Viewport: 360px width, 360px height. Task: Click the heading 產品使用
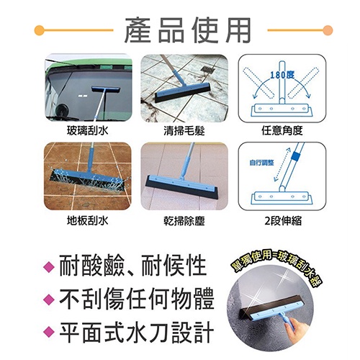(x=187, y=30)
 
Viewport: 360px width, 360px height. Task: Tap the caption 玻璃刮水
(x=87, y=131)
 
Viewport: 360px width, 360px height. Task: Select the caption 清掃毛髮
(x=184, y=131)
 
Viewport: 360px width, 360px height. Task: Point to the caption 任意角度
(x=282, y=131)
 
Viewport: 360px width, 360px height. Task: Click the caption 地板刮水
(x=87, y=220)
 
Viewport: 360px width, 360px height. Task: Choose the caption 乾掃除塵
(x=184, y=220)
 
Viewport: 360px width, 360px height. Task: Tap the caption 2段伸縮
(x=283, y=220)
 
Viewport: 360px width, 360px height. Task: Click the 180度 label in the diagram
(x=282, y=75)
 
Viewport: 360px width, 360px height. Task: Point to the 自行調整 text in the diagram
(x=261, y=163)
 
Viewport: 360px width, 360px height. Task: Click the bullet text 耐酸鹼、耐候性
(x=132, y=266)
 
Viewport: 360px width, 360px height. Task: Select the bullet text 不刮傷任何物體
(x=136, y=299)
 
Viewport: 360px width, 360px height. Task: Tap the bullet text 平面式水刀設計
(x=136, y=332)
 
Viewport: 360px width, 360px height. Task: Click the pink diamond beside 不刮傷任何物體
(x=49, y=299)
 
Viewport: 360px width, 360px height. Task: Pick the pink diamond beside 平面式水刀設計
(x=49, y=332)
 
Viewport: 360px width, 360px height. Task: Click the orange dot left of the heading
(x=40, y=30)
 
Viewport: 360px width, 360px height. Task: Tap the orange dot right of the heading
(x=328, y=30)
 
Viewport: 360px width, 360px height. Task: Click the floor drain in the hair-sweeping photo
(x=207, y=70)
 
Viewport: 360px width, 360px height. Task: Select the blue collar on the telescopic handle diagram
(x=295, y=156)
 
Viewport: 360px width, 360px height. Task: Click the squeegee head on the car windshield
(x=106, y=90)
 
